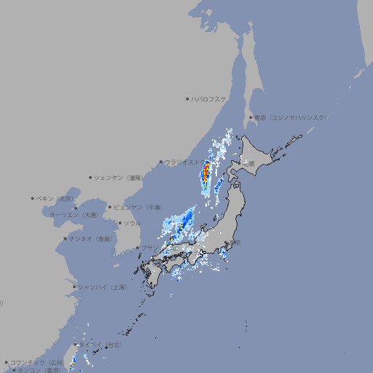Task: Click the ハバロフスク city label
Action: (208, 98)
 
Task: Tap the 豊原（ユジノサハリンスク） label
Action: (290, 117)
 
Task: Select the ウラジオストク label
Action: (185, 162)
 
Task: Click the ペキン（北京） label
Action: (55, 198)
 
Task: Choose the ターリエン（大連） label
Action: (73, 215)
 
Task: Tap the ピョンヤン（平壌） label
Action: (138, 207)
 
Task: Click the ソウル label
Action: (132, 223)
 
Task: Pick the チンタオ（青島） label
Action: (91, 238)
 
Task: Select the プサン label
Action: (149, 248)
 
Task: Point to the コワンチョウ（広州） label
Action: (37, 362)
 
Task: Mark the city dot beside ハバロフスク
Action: (187, 98)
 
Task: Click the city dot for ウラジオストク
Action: (161, 162)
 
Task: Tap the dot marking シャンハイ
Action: (74, 287)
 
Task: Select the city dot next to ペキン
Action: (33, 198)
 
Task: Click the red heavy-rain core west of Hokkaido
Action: (207, 172)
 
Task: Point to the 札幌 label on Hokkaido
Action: (249, 165)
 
